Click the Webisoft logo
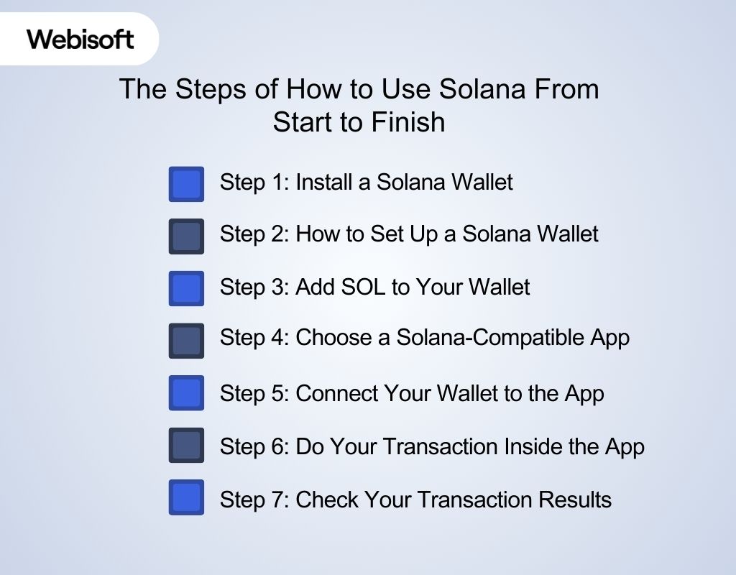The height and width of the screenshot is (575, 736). click(x=80, y=38)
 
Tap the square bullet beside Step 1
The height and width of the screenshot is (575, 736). click(x=186, y=184)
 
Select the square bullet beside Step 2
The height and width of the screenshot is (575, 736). click(x=186, y=236)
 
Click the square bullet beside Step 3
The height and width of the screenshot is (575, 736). click(x=186, y=288)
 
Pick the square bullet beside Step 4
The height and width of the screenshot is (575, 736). click(x=186, y=341)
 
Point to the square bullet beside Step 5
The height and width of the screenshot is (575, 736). click(x=186, y=393)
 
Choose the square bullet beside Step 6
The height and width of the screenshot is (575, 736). click(x=186, y=446)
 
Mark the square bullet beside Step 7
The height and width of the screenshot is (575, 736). click(x=186, y=497)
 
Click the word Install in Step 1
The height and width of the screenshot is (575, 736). click(x=323, y=182)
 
